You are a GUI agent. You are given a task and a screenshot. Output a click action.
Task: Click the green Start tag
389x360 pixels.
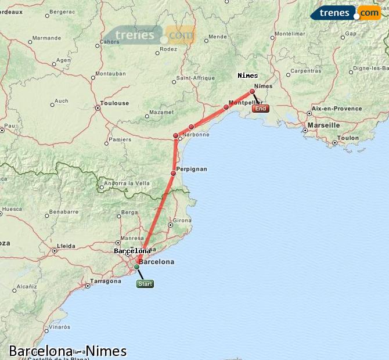pos(145,284)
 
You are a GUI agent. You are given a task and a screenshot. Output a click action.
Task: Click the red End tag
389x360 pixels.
pos(261,109)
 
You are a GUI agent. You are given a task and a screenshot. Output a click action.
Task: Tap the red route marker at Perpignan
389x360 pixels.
pos(173,173)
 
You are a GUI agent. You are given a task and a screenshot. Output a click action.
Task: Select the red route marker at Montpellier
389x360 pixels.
pos(226,107)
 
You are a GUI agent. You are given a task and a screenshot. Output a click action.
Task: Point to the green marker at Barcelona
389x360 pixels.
pos(137,267)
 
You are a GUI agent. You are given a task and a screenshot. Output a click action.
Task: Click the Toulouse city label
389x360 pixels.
pos(114,103)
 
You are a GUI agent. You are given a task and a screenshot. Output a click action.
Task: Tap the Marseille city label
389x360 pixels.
pos(323,125)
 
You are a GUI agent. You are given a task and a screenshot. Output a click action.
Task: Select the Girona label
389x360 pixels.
pos(182,221)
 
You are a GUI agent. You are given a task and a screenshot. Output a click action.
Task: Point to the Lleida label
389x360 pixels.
pos(66,246)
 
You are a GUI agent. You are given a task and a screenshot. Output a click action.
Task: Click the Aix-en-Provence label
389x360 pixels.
pos(336,108)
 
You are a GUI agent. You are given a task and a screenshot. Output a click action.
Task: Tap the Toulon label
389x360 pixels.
pos(348,138)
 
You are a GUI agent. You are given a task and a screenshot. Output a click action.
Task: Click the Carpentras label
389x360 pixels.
pos(305,71)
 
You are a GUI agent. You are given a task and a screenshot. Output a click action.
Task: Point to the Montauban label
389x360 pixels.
pos(110,74)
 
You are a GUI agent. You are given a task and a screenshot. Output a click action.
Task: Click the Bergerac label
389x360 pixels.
pos(63,12)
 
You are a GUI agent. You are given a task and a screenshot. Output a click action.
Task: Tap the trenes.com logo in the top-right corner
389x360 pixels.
pos(345,13)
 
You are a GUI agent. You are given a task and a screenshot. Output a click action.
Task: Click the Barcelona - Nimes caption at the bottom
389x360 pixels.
pos(67,351)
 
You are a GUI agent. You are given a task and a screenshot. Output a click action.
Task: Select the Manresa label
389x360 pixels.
pos(132,238)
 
